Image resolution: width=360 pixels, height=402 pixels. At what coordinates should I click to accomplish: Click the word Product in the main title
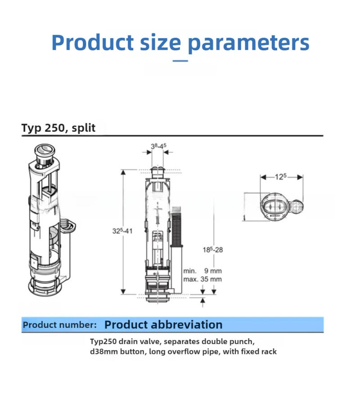[x=92, y=43]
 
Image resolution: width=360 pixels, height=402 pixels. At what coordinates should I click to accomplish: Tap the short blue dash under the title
[x=180, y=60]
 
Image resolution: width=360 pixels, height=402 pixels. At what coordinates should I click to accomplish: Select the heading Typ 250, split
[x=58, y=128]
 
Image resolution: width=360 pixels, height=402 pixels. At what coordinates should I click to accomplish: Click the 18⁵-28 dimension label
[x=212, y=249]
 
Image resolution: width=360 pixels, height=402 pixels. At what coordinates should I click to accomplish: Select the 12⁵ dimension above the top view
[x=281, y=177]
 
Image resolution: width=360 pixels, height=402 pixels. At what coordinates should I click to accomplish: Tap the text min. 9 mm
[x=202, y=271]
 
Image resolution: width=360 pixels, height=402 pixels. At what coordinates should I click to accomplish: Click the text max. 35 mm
[x=202, y=279]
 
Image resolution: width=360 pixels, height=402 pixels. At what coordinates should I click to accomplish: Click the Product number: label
[x=60, y=325]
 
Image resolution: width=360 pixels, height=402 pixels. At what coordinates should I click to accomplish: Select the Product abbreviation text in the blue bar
[x=163, y=325]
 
